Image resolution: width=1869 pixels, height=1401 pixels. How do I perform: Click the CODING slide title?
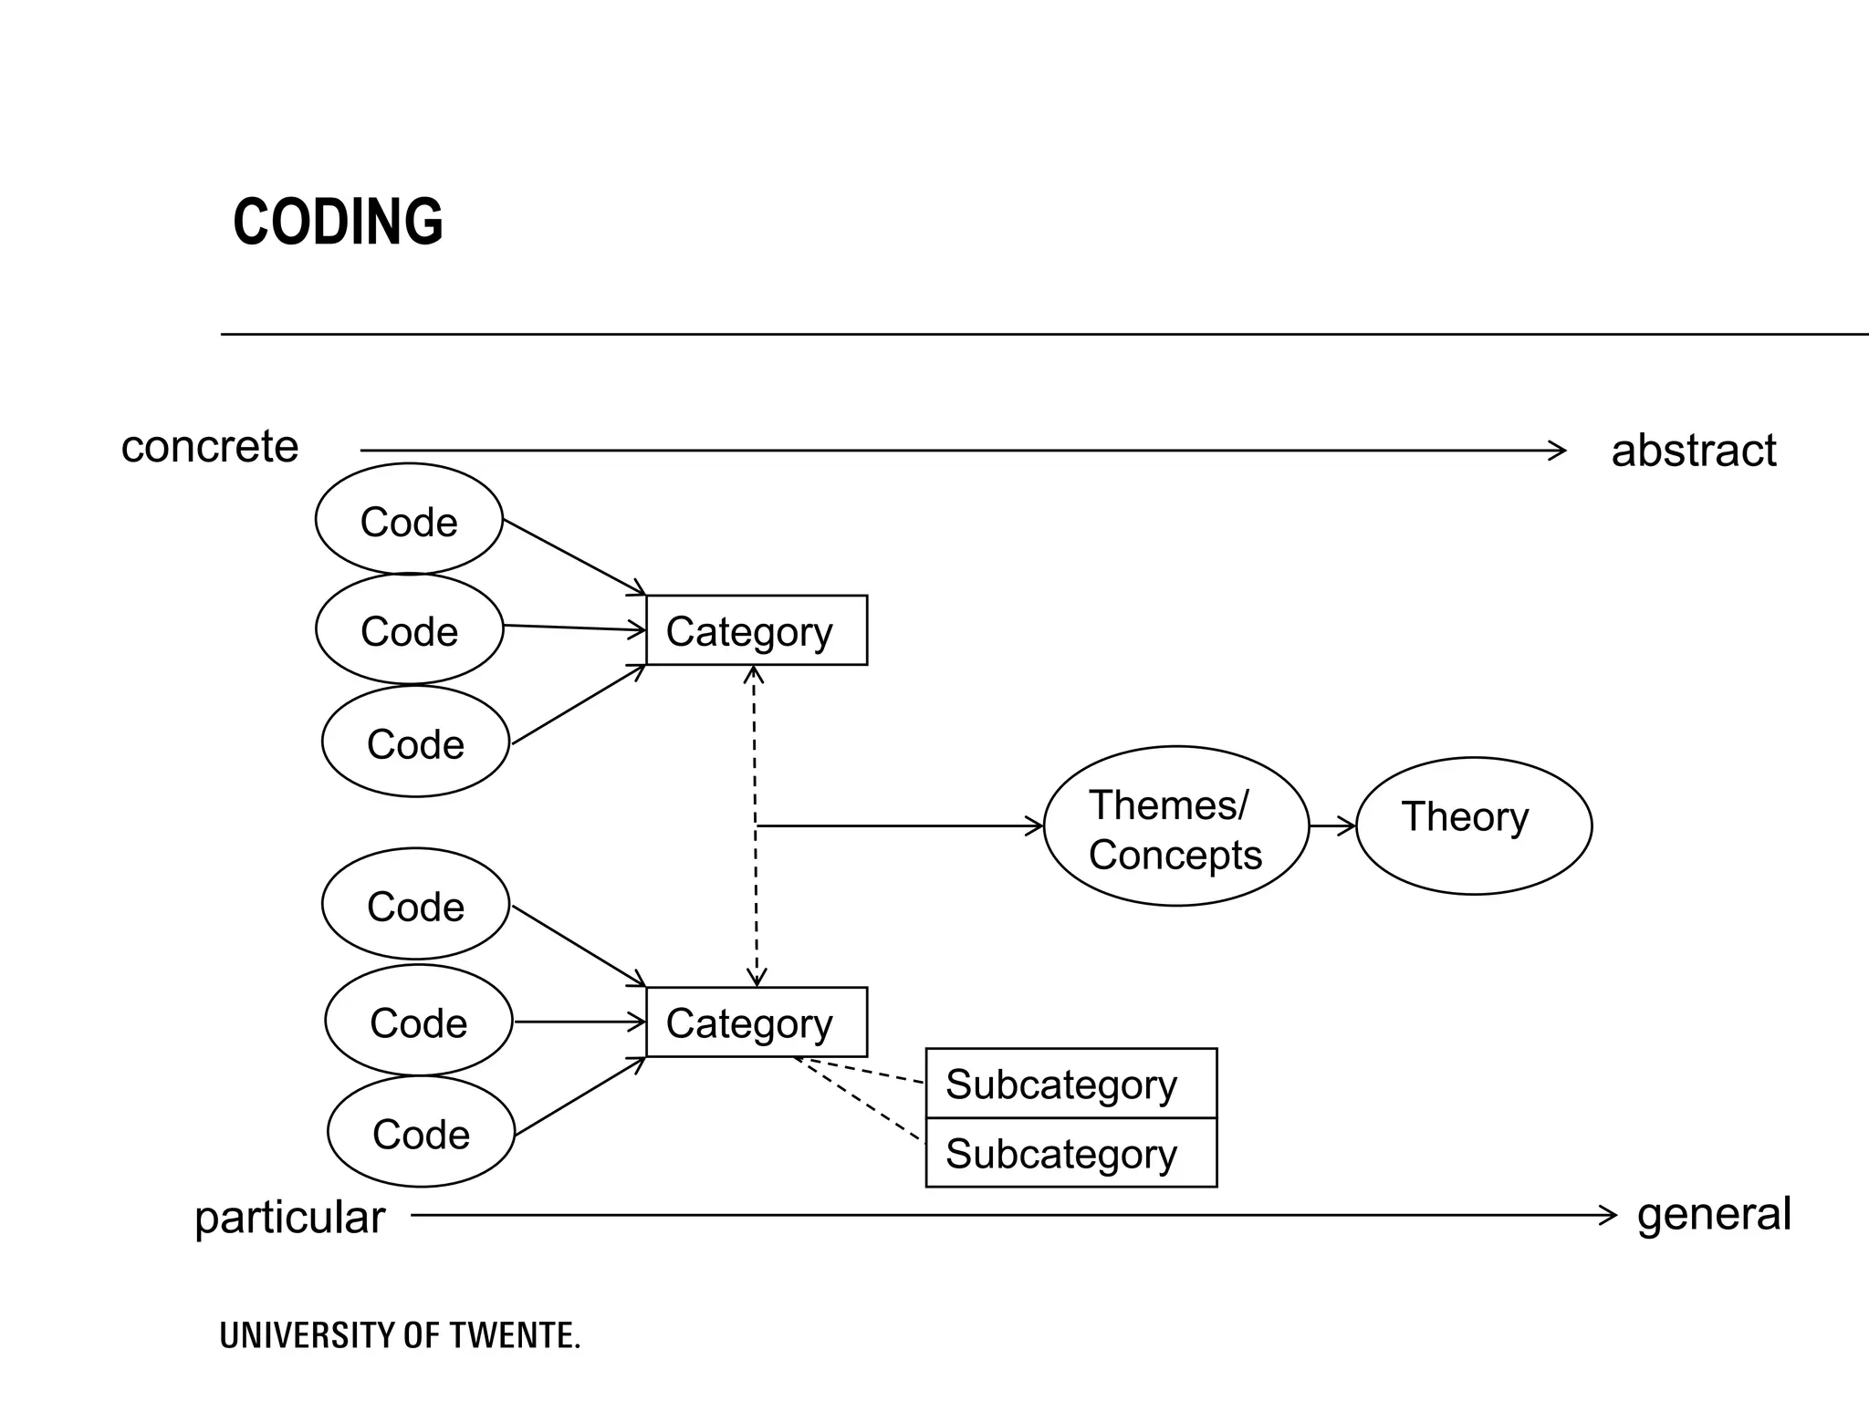[338, 222]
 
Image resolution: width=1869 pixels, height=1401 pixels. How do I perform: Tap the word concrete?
[210, 447]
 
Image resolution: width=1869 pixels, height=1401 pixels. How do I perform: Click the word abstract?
[1693, 451]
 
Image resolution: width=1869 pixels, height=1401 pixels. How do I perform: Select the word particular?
[290, 1218]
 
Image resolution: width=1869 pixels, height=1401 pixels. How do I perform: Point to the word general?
[1714, 1214]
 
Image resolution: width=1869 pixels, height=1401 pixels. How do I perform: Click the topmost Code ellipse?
[409, 520]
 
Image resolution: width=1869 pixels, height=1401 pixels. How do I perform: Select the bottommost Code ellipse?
[421, 1132]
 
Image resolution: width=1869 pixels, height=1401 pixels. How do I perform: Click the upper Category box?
[756, 630]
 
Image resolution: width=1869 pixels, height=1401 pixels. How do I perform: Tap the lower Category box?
[756, 1022]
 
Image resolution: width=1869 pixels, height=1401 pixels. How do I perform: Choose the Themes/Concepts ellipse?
[1175, 826]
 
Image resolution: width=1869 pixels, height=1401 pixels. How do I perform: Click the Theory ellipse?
[1473, 825]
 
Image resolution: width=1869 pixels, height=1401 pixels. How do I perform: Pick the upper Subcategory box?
[1070, 1084]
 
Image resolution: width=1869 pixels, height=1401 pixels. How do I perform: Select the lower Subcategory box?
[1070, 1154]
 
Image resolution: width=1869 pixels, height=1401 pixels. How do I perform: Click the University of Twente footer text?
[400, 1336]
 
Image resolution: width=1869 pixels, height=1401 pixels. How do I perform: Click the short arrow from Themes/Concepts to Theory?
[1331, 826]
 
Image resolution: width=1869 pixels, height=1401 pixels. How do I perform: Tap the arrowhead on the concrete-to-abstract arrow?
[1559, 451]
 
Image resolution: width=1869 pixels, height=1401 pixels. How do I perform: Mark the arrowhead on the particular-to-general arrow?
[1609, 1215]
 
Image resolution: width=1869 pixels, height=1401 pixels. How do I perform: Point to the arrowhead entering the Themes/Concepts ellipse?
[1035, 826]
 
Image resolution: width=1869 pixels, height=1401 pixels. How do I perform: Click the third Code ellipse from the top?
[415, 742]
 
